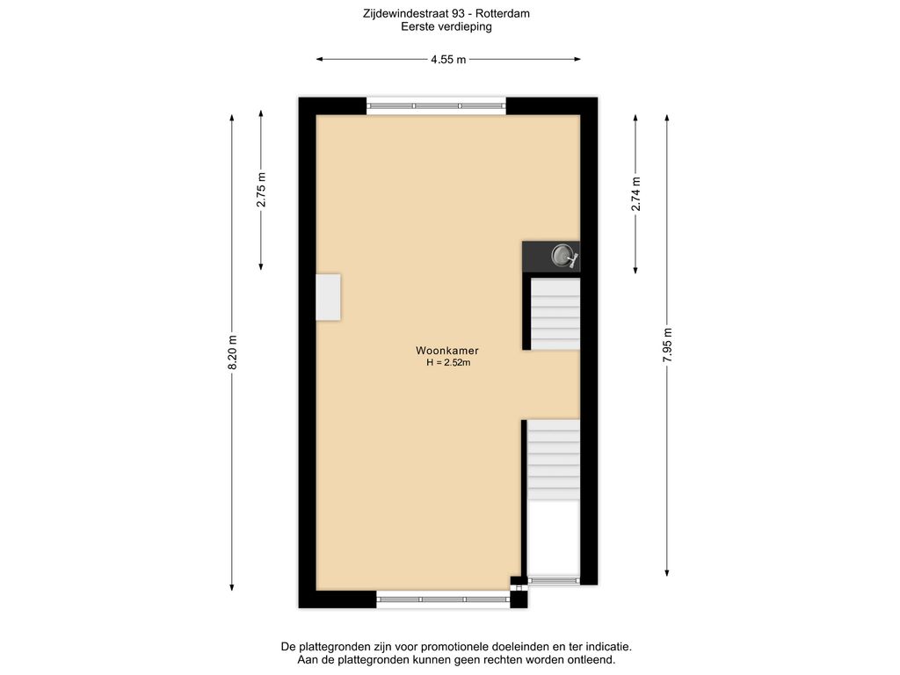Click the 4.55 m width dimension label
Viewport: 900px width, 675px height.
(448, 60)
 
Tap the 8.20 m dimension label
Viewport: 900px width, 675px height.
(232, 353)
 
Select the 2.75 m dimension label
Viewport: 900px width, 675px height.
(261, 191)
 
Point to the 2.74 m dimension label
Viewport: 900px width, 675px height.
(635, 193)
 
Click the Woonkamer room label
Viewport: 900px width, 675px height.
(447, 350)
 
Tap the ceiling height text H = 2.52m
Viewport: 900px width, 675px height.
(447, 362)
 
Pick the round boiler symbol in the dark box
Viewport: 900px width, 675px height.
(562, 257)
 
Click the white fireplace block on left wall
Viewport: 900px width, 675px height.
(329, 297)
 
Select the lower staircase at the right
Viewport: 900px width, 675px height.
(554, 459)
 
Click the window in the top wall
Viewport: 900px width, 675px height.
(436, 105)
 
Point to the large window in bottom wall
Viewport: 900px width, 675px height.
(443, 599)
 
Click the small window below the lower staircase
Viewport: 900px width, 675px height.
(554, 580)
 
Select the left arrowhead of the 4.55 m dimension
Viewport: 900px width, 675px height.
(319, 60)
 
